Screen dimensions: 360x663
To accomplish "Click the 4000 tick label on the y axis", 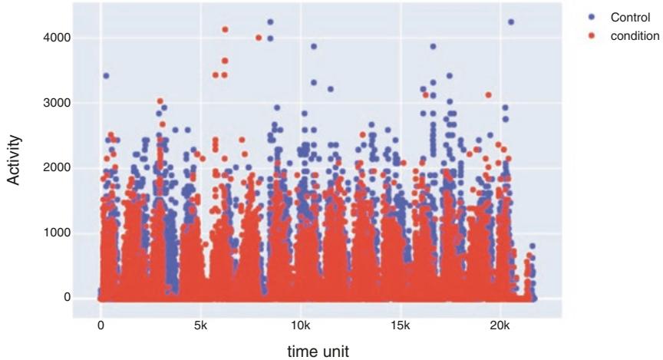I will [x=58, y=38].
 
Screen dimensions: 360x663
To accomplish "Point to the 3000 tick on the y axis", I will [x=58, y=103].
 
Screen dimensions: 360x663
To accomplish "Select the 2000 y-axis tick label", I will [x=58, y=168].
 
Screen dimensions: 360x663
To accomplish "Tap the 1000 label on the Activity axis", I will [x=58, y=233].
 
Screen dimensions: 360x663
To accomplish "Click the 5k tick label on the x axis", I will [x=200, y=325].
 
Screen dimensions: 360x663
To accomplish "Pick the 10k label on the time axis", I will [x=300, y=325].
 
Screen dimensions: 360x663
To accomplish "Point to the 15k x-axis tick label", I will [x=400, y=325].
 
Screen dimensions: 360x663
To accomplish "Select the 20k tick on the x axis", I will [x=500, y=325].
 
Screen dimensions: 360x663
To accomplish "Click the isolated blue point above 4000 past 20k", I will [x=511, y=21].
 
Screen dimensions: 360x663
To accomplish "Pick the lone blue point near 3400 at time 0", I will [x=106, y=75].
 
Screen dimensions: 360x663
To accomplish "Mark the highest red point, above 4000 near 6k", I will [x=225, y=29].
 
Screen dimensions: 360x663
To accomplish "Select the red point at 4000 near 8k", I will [x=259, y=38].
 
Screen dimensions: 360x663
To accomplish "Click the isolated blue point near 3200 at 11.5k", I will [x=331, y=89].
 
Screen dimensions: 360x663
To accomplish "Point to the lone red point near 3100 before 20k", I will [x=488, y=95].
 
